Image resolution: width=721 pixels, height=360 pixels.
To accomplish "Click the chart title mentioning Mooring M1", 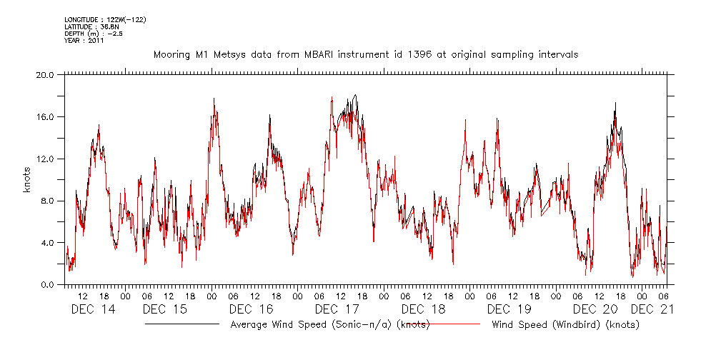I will (x=365, y=54).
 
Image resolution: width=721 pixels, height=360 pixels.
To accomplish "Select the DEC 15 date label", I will (x=164, y=309).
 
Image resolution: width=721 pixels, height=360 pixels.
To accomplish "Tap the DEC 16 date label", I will (x=251, y=309).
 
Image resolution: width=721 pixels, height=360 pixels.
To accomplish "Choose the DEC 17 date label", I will (x=337, y=309).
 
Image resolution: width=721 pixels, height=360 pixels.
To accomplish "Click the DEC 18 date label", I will (x=423, y=309).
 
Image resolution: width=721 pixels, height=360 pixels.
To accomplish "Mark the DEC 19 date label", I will (x=509, y=309).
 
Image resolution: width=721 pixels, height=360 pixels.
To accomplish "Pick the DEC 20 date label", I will (x=595, y=309).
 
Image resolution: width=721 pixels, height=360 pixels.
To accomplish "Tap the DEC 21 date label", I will (x=653, y=309).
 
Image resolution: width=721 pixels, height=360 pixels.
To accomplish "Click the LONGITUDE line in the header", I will (x=105, y=20).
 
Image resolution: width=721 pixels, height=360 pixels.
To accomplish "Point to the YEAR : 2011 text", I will (x=84, y=40).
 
